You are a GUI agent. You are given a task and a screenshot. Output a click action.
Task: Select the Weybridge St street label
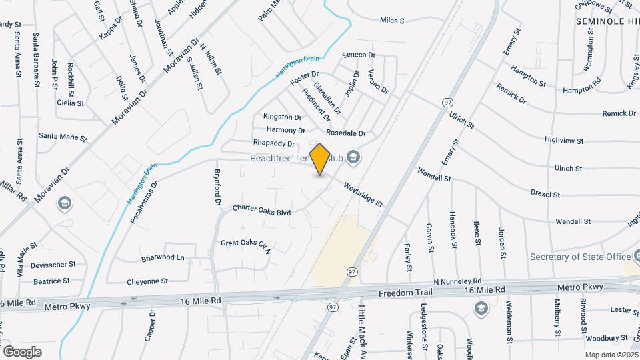point(363,193)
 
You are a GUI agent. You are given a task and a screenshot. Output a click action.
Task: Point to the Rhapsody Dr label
point(274,143)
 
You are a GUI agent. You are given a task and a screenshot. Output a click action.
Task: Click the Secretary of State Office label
point(580,257)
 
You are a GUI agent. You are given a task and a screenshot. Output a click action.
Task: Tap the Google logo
point(22,351)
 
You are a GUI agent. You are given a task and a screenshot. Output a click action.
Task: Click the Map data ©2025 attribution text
point(610,355)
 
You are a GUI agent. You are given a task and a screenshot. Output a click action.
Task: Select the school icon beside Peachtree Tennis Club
point(353,158)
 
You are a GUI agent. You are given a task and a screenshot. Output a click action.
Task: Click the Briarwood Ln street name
point(163,257)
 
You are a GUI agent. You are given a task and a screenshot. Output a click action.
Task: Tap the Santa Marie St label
point(63,137)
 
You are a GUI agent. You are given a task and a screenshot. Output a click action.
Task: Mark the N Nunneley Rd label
point(457,282)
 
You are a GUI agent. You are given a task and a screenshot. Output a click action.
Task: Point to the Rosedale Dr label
point(346,133)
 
